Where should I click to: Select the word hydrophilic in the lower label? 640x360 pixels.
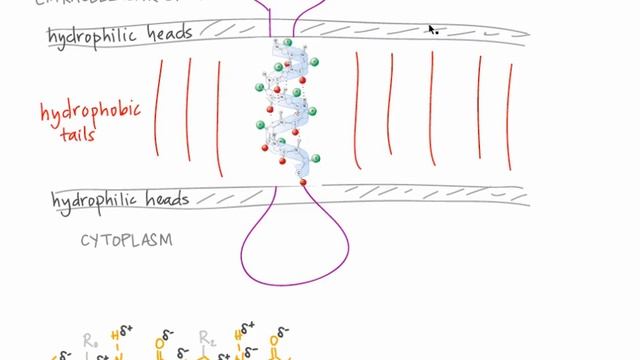(91, 200)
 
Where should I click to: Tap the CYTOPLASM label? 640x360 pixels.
(126, 240)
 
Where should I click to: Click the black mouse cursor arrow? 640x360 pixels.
(432, 30)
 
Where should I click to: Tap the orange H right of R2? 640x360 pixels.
(237, 334)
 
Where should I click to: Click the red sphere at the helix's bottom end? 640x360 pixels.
(303, 182)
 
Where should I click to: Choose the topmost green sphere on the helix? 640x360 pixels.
(288, 42)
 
